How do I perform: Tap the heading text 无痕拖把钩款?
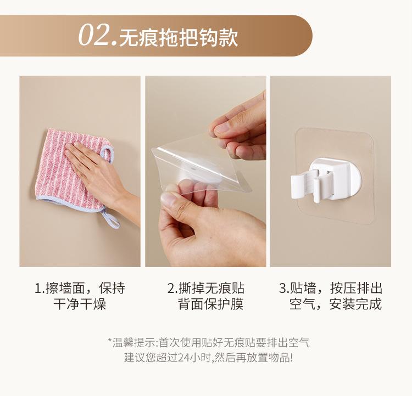179,38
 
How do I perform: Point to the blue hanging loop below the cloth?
110,218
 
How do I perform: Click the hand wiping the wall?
103,178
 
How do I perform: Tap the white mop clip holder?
326,180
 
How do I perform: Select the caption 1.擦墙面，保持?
80,288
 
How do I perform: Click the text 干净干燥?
80,304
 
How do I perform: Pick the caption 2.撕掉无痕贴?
206,288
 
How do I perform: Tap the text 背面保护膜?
211,304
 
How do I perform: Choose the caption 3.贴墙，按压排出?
330,288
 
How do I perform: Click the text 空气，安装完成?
336,304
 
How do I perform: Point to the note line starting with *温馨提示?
209,343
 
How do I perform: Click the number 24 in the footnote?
183,358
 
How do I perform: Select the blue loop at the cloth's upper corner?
108,154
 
